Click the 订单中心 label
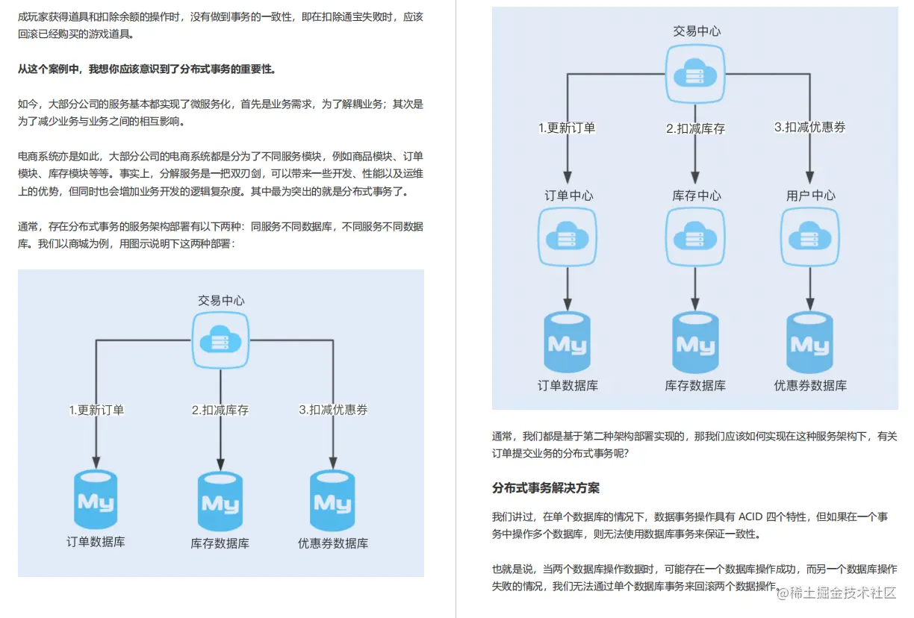[568, 196]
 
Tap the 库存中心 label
[697, 196]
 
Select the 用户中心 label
[810, 196]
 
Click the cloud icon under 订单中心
[568, 237]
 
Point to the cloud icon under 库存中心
[696, 237]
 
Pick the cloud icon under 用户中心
[810, 237]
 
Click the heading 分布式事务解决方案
[546, 488]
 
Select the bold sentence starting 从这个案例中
[147, 69]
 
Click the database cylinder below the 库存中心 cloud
[696, 343]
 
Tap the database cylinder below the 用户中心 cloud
[810, 343]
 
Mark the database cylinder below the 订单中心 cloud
[568, 343]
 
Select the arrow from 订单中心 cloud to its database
[568, 287]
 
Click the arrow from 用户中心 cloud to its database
[810, 287]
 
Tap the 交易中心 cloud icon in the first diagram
[220, 340]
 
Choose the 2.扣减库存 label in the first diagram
[220, 410]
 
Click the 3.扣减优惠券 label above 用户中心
[810, 128]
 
